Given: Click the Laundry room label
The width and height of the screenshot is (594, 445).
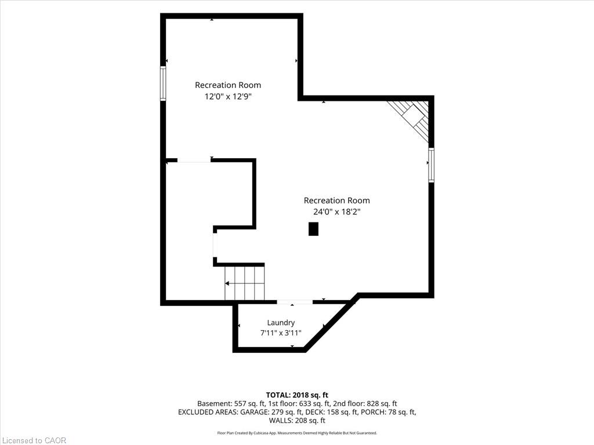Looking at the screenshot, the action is [281, 323].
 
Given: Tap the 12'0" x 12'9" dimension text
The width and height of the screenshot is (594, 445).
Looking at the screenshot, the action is [228, 97].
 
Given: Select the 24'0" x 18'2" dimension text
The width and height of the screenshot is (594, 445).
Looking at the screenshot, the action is [336, 212].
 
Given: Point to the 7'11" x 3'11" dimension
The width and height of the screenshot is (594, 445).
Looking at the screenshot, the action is [281, 333].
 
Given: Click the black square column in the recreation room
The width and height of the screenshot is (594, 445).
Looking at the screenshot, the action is [313, 229].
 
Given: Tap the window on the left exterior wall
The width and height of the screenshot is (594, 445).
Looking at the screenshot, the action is [163, 83].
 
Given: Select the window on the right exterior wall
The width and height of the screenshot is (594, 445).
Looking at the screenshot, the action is [431, 165].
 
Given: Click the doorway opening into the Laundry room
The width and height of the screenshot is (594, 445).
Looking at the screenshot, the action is [295, 302].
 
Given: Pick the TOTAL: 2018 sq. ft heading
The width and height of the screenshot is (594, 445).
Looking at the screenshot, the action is [297, 395].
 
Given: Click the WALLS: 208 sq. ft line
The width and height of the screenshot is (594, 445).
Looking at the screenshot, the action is [297, 421].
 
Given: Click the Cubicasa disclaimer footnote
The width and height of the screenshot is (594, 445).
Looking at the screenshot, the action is [297, 433].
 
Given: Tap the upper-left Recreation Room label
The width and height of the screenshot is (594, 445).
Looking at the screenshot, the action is [228, 85].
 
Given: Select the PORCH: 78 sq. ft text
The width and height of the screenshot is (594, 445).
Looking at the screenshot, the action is [388, 412].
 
